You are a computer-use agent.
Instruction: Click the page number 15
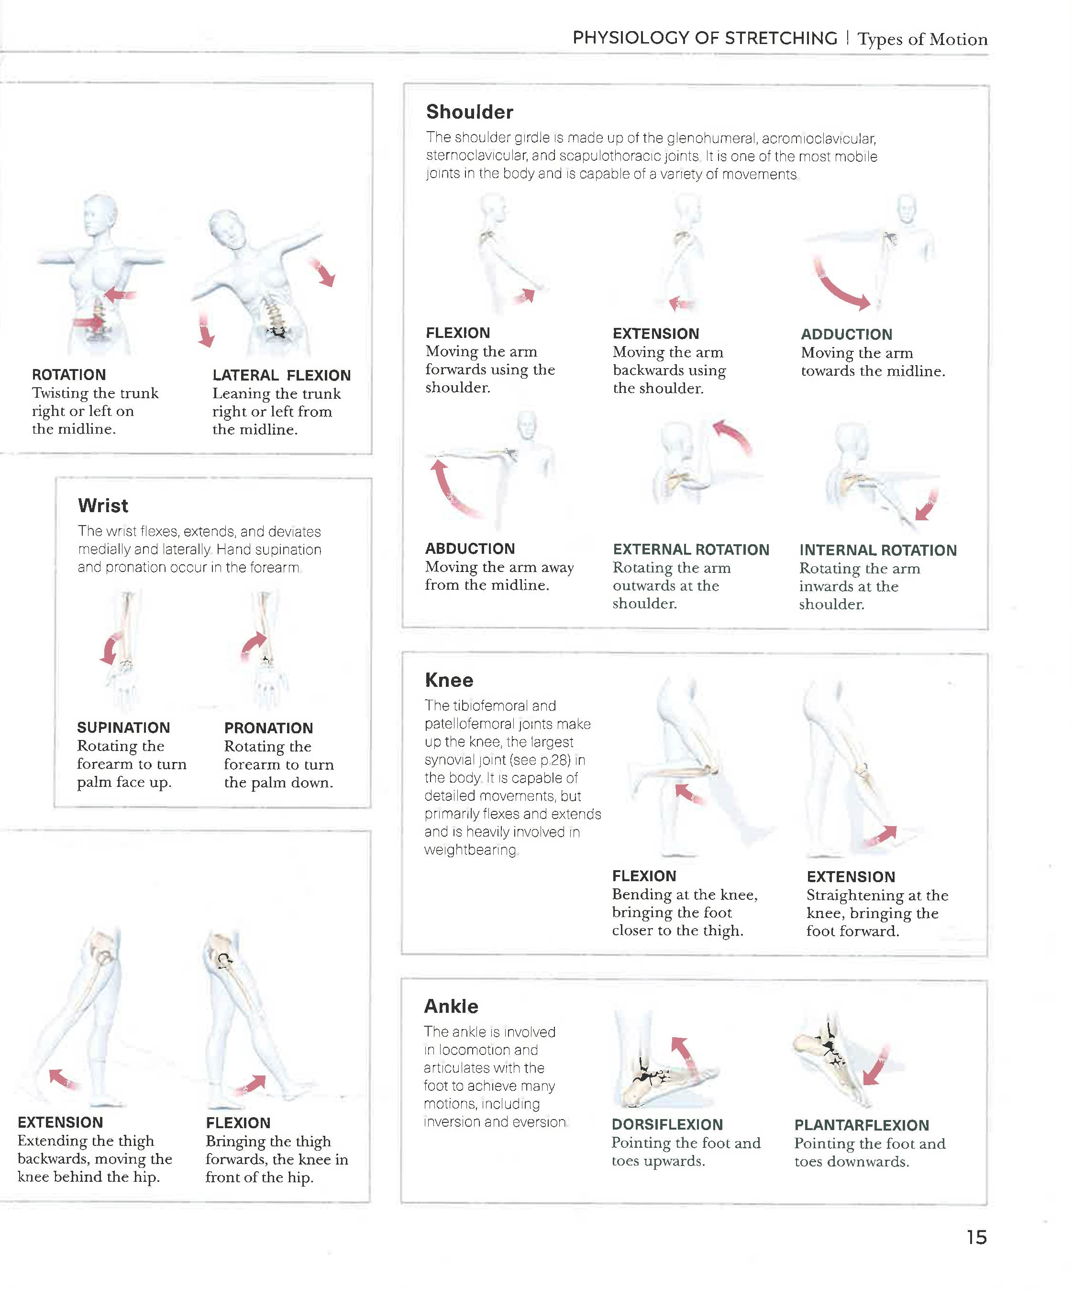[976, 1237]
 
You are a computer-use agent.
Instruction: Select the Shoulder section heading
[469, 112]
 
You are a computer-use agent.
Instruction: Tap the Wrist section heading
[103, 505]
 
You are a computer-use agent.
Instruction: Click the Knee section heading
[449, 680]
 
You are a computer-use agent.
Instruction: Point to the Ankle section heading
[451, 1006]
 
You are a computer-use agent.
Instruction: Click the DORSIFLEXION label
[667, 1124]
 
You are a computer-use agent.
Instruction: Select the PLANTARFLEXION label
[862, 1125]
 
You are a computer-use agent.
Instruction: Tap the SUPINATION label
[123, 728]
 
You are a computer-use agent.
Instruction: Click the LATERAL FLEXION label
[282, 375]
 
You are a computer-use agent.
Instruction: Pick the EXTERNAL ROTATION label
[691, 549]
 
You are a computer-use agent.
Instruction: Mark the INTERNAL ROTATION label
[877, 550]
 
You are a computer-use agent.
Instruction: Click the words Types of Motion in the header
[922, 39]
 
